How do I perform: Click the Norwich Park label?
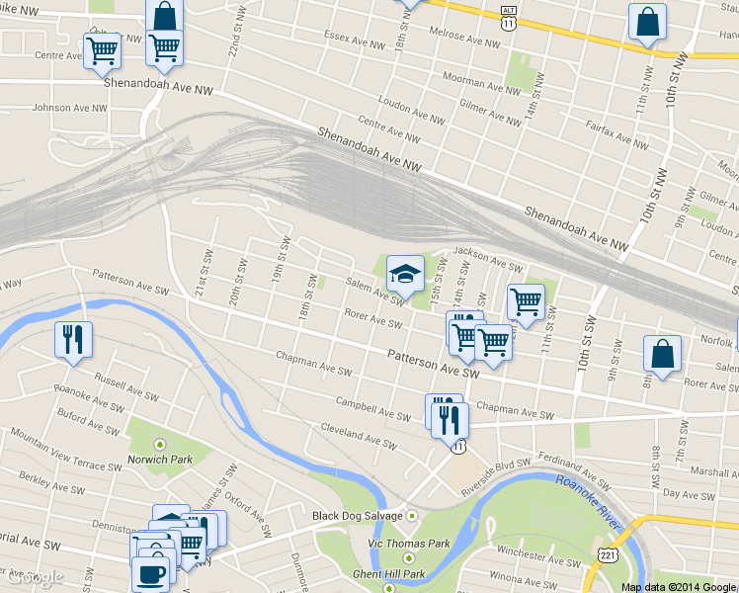pyautogui.click(x=159, y=459)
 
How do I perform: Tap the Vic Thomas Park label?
pyautogui.click(x=409, y=544)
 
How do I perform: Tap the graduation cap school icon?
pyautogui.click(x=405, y=275)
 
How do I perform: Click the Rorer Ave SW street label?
pyautogui.click(x=372, y=319)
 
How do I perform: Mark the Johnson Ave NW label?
pyautogui.click(x=67, y=107)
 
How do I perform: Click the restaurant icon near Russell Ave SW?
pyautogui.click(x=76, y=339)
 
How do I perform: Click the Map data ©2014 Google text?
pyautogui.click(x=679, y=586)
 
